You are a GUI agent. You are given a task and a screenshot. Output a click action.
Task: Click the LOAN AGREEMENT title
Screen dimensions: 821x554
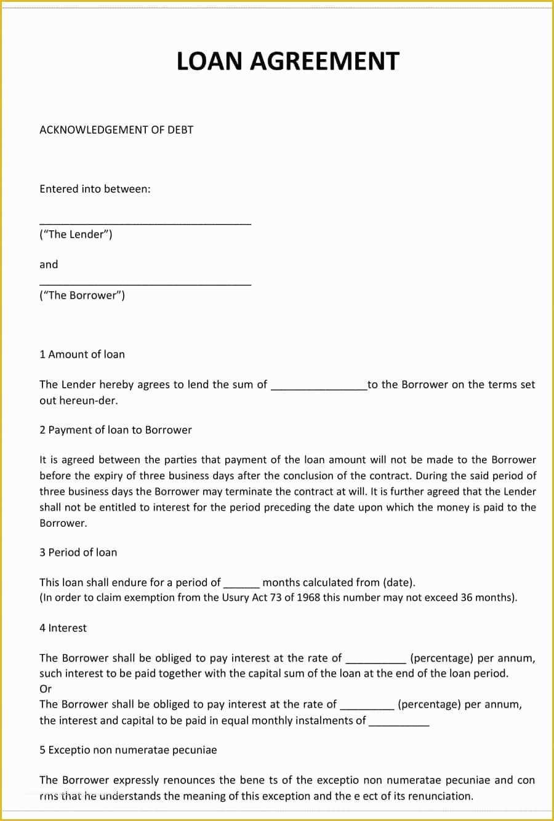coord(288,62)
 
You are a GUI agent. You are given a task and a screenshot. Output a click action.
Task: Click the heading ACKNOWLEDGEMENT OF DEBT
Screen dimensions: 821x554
coord(116,130)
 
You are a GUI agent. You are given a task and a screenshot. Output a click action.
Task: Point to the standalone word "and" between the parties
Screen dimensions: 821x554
coord(49,265)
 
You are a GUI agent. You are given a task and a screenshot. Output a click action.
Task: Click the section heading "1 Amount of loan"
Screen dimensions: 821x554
coord(82,354)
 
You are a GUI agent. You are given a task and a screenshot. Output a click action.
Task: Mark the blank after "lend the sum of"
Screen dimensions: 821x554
coord(319,388)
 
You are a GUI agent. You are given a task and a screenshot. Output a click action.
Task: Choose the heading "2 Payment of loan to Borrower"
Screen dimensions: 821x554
coord(116,430)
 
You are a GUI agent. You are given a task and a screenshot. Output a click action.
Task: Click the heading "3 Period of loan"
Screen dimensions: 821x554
coord(78,553)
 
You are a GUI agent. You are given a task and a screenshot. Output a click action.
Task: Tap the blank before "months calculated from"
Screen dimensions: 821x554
coord(241,585)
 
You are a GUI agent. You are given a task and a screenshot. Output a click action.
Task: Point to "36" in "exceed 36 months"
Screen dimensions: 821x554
coord(467,598)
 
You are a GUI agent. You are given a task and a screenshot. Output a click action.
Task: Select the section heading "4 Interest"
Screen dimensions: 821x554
coord(63,628)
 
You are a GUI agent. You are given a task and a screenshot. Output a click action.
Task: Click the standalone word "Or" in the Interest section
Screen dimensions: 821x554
coord(46,689)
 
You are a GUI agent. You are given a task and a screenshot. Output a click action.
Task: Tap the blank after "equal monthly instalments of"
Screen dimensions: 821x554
coord(399,724)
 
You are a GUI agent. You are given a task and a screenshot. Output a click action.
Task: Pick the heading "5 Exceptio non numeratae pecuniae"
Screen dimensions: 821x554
coord(128,750)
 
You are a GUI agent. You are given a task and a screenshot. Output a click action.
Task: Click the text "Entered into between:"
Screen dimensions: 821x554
coord(95,189)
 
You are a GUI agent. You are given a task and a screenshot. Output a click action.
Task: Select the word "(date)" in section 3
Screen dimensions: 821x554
coord(399,582)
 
